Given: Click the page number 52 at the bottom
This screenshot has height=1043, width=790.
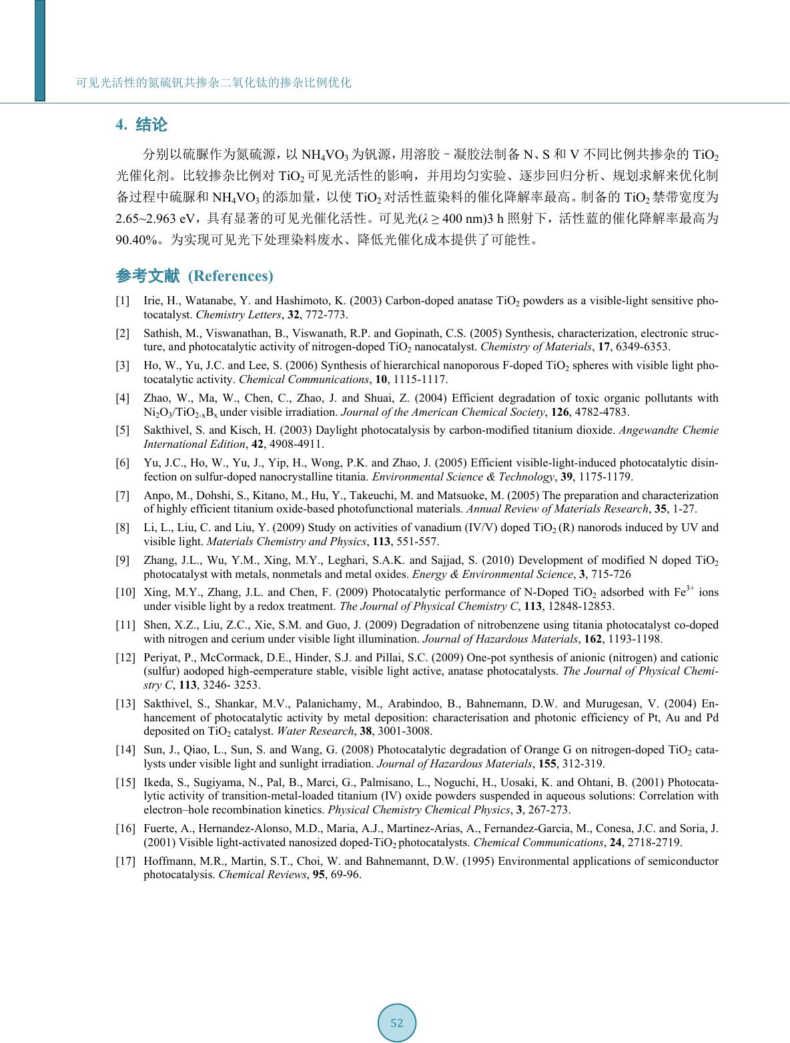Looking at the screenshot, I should click(x=397, y=1023).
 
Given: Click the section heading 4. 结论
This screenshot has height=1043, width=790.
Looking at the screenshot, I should click(x=141, y=125).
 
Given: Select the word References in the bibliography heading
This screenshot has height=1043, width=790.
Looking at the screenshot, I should click(x=231, y=276).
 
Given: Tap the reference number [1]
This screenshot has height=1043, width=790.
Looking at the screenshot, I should click(x=123, y=302).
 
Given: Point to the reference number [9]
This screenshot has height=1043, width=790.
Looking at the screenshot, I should click(x=123, y=561).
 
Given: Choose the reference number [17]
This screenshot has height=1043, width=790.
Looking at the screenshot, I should click(x=125, y=861).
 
